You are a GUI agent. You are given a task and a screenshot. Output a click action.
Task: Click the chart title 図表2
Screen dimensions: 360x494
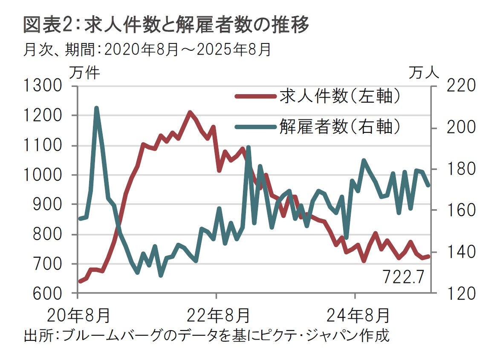pos(166,25)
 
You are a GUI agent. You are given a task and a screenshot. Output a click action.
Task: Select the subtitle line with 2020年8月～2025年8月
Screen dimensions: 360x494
pos(147,50)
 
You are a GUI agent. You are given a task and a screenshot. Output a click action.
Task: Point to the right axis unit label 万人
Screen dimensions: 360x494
pos(424,73)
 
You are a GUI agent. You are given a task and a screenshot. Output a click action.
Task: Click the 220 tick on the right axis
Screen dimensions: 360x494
pos(458,86)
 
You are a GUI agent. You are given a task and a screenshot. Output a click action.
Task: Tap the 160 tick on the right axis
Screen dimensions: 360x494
pos(458,210)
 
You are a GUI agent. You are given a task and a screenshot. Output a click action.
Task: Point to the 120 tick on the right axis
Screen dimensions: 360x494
pos(458,294)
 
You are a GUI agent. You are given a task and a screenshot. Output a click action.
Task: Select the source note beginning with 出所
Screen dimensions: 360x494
pos(206,335)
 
